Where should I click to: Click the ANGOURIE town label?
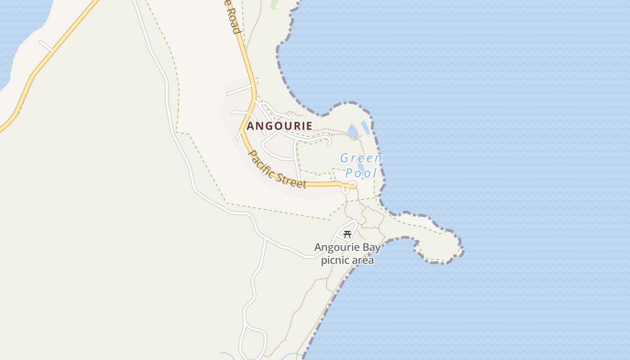(x=279, y=126)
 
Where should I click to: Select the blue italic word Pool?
(x=361, y=173)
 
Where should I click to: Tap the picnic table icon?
(x=347, y=234)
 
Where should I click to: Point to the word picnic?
(x=334, y=260)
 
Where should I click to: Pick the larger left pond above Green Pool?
(x=353, y=131)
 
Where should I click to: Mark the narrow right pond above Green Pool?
(x=365, y=127)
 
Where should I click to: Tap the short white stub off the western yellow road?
(x=46, y=45)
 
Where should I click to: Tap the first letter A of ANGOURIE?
(x=251, y=126)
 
